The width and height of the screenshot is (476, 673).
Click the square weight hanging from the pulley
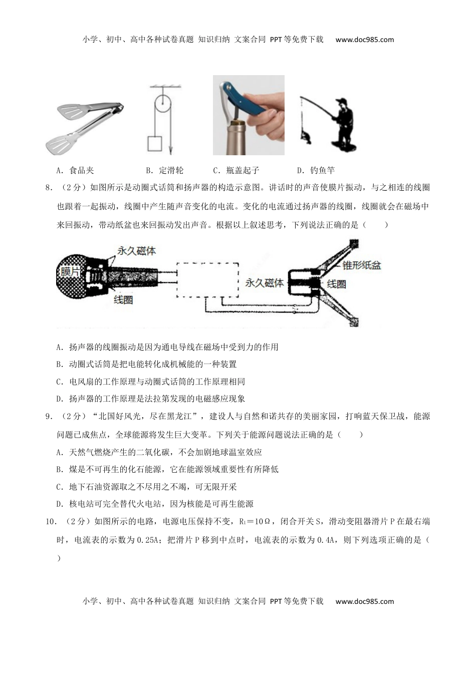(155, 143)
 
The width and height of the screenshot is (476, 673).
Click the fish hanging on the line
(304, 134)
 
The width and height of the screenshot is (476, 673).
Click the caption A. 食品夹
(75, 170)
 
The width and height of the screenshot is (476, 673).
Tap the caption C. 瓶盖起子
(236, 170)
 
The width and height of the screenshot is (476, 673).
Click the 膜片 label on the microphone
(70, 272)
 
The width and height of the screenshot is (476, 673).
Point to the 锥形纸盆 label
(361, 265)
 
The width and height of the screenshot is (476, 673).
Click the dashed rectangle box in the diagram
(206, 278)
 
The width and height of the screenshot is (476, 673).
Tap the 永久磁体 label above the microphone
(136, 251)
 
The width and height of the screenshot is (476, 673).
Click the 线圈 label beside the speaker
(336, 284)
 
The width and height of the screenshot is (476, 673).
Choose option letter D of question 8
(59, 399)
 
